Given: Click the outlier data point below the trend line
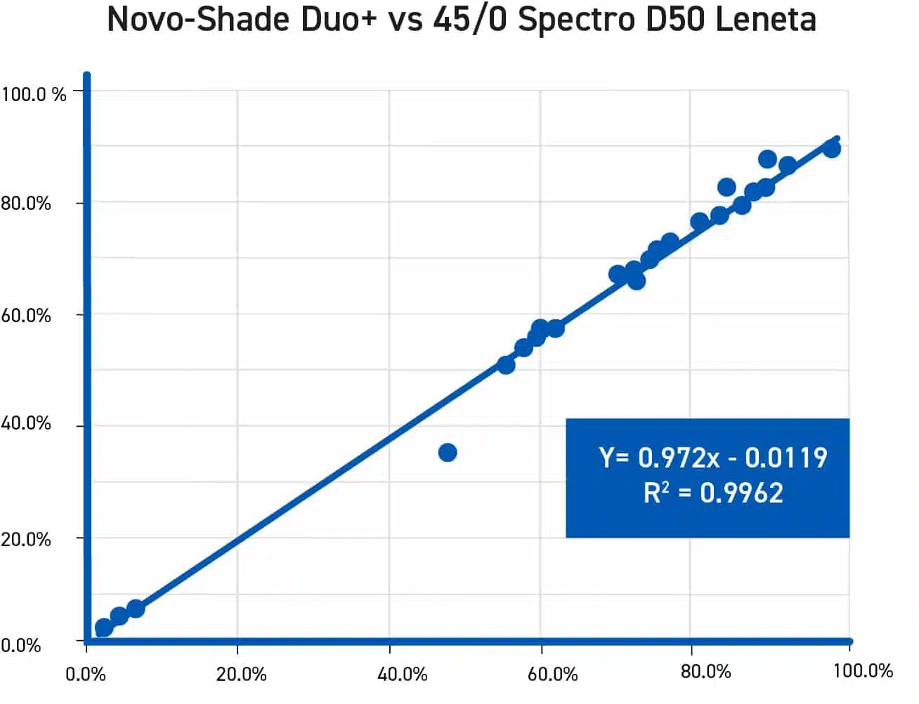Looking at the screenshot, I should pyautogui.click(x=448, y=453).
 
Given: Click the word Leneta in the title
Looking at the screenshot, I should pyautogui.click(x=766, y=20).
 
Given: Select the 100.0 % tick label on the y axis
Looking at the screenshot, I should pyautogui.click(x=34, y=93).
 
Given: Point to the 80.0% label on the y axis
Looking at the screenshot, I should pyautogui.click(x=26, y=204).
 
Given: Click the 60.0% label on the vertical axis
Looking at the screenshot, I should pyautogui.click(x=26, y=316).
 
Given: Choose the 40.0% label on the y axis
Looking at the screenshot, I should pyautogui.click(x=26, y=423).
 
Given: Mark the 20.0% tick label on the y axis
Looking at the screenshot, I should pyautogui.click(x=26, y=539).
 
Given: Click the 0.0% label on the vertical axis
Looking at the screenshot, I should pyautogui.click(x=21, y=645).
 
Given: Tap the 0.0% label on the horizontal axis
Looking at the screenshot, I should pyautogui.click(x=86, y=674).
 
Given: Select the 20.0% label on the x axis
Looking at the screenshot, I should pyautogui.click(x=241, y=674).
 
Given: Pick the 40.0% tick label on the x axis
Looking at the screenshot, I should pyautogui.click(x=402, y=674).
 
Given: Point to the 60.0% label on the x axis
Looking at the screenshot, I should pyautogui.click(x=552, y=674).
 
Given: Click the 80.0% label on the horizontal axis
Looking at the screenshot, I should pyautogui.click(x=705, y=672).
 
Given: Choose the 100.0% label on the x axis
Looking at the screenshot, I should pyautogui.click(x=863, y=670).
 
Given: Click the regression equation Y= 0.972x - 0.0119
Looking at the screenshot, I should pyautogui.click(x=713, y=458).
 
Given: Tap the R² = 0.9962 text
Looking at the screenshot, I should pyautogui.click(x=713, y=493).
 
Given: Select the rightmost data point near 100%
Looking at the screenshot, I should pyautogui.click(x=831, y=149).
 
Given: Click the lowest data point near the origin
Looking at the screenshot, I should pyautogui.click(x=103, y=627).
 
